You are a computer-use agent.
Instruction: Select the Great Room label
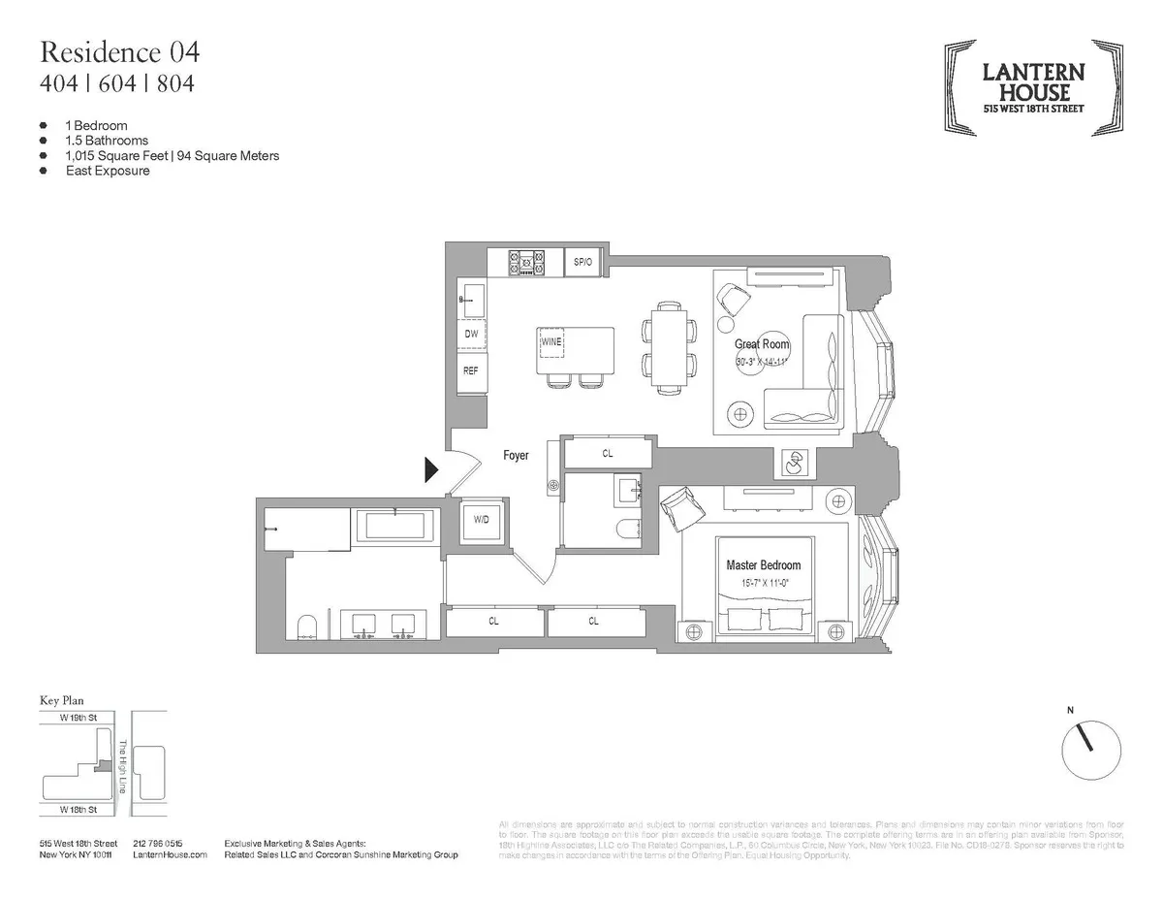tap(762, 344)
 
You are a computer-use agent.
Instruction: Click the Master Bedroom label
tap(764, 565)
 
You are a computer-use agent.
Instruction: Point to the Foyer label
tap(516, 455)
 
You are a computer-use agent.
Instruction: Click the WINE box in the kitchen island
tap(551, 342)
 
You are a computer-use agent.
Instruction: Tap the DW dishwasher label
tap(472, 335)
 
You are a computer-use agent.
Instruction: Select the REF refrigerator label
tap(471, 370)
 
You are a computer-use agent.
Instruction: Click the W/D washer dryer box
tap(481, 520)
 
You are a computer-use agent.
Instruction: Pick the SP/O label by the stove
tap(582, 262)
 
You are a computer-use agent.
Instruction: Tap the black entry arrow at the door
tap(431, 470)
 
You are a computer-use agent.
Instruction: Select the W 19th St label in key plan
tap(78, 720)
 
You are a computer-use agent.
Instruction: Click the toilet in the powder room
tap(625, 530)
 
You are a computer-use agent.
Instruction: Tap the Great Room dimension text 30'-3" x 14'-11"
tap(763, 362)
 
